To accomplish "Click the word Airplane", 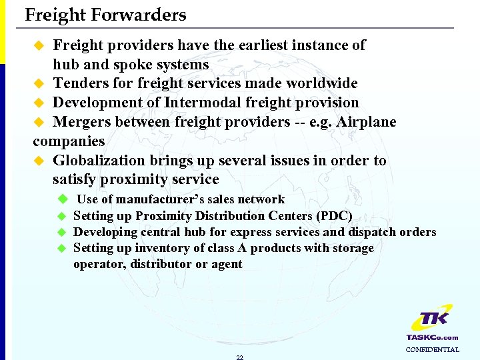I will [x=367, y=122].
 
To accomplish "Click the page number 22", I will [x=240, y=357].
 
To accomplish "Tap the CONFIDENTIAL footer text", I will [x=432, y=349].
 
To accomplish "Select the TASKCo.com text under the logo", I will [x=432, y=337].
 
